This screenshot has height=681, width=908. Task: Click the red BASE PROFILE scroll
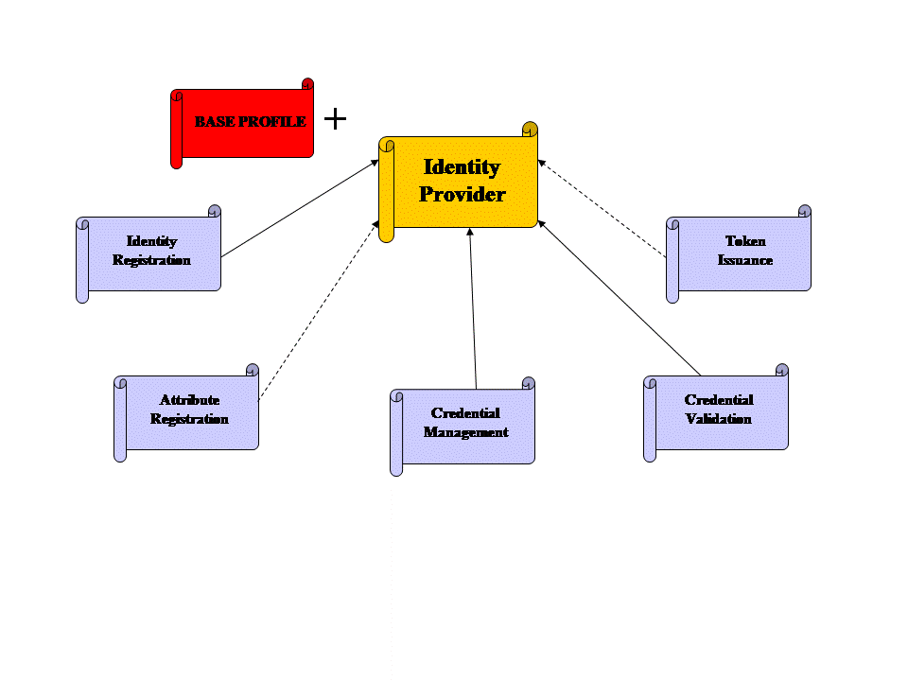coord(242,123)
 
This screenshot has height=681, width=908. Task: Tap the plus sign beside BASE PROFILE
coord(335,119)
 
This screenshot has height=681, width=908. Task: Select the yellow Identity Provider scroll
coord(458,182)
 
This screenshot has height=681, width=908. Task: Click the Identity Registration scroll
coord(148,253)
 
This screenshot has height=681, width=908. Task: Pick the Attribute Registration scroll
coord(186,412)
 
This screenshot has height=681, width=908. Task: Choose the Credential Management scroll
coord(463,427)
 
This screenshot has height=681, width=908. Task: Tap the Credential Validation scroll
coord(716,412)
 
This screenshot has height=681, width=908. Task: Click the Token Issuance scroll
coord(739,253)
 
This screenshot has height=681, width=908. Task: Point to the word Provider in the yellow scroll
coord(463,195)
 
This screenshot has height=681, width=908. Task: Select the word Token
coord(745,241)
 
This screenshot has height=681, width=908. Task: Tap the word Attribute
coord(189,399)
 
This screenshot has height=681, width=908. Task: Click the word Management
coord(465,432)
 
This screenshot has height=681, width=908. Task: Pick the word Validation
coord(718,418)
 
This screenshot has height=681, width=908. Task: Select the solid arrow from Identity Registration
coord(300,208)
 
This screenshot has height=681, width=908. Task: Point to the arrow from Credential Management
coord(473,308)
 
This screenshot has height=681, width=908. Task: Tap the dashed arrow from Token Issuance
coord(602,208)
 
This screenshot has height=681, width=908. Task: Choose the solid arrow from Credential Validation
coord(620,298)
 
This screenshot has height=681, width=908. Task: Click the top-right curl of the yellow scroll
coord(530,129)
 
